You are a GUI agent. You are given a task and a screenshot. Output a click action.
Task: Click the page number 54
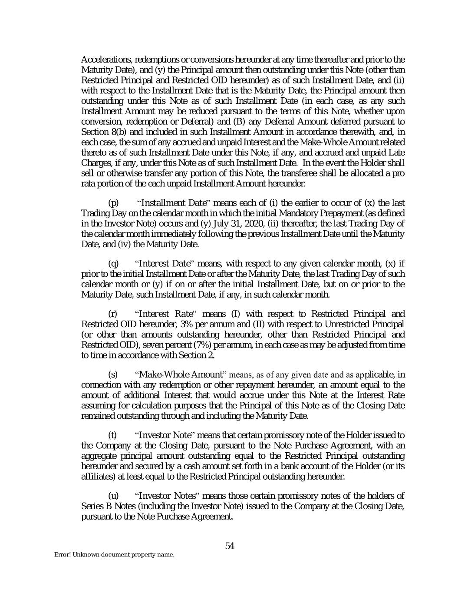230,546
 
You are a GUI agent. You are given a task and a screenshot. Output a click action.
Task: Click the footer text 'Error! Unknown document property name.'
114,555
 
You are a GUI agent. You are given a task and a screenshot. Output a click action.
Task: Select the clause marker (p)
113,203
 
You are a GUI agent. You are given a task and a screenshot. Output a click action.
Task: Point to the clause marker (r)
112,314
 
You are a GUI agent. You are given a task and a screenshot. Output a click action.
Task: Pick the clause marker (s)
112,374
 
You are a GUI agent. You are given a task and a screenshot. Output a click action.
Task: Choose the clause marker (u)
112,496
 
